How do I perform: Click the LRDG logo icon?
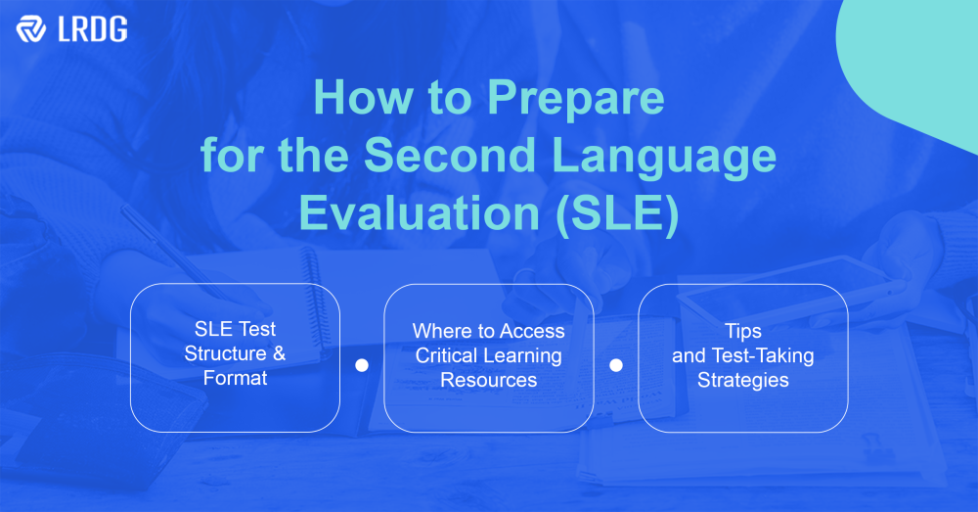click(31, 29)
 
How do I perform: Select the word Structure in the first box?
click(225, 353)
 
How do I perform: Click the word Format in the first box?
click(235, 378)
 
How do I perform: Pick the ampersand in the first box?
click(279, 353)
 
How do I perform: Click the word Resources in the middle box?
click(488, 380)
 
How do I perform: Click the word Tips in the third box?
click(742, 331)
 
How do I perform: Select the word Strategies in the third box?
click(742, 380)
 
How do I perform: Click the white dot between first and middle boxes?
click(362, 365)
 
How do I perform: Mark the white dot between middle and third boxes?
click(616, 365)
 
